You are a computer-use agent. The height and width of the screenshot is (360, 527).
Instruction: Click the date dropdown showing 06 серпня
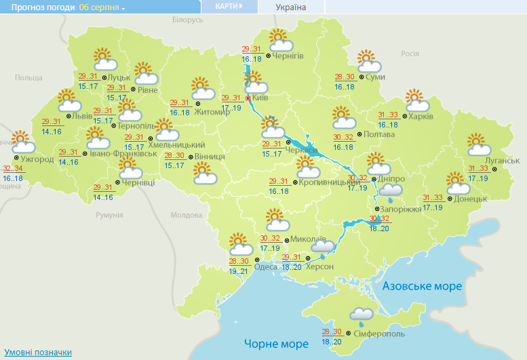[102, 7]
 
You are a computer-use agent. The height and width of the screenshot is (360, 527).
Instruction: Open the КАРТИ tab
[229, 6]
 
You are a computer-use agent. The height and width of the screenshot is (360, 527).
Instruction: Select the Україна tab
[290, 7]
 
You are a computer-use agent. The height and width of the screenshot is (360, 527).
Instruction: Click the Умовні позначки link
[38, 353]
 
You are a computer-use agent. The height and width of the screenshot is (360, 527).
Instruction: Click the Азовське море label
[422, 286]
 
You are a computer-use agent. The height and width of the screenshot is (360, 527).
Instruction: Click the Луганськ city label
[503, 160]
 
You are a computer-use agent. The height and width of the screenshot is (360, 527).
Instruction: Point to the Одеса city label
[266, 266]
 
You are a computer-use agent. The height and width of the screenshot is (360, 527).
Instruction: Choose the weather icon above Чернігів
[280, 40]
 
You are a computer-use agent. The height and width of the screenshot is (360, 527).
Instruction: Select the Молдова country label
[186, 215]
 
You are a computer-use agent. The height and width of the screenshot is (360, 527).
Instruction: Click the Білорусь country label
[187, 20]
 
